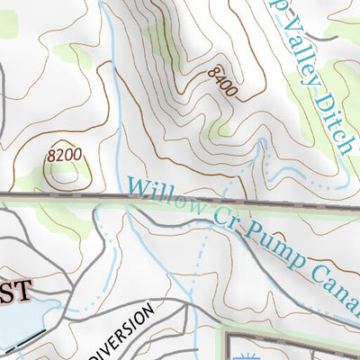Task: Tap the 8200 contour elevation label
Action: click(x=65, y=156)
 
